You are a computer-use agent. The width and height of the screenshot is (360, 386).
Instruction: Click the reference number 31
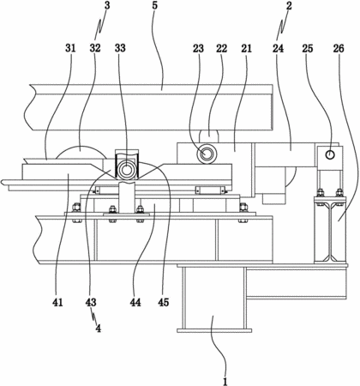pos(70,48)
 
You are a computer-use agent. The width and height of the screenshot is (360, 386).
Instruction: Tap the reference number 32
pos(95,48)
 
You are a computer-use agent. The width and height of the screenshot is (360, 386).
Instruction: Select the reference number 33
pos(120,48)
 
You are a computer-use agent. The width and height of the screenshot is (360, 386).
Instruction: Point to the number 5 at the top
pos(154,6)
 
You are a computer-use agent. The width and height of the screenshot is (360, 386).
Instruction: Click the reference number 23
pos(198,49)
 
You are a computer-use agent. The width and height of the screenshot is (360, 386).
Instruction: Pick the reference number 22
pos(221,49)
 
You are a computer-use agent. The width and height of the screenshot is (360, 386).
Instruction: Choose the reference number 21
pos(246,49)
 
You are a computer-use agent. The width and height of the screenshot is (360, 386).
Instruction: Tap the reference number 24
pos(278,49)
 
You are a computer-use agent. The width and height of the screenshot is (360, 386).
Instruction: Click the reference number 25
pos(308,49)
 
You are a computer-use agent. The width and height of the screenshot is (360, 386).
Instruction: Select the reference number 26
pos(339,49)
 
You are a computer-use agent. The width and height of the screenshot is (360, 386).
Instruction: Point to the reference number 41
pos(57,302)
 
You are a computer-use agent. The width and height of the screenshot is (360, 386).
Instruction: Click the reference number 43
pos(91,302)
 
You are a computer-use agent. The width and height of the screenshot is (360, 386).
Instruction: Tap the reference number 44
pos(135,302)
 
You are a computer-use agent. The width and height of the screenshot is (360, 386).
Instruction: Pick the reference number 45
pos(164,302)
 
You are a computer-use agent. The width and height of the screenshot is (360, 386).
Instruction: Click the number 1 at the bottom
pos(225,381)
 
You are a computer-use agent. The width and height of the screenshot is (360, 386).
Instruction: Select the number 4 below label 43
pos(99,329)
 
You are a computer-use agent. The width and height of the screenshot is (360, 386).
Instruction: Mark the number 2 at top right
pos(289,6)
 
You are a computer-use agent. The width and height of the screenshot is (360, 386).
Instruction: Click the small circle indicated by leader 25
pos(330,154)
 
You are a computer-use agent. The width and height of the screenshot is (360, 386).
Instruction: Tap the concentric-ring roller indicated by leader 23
pos(207,154)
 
